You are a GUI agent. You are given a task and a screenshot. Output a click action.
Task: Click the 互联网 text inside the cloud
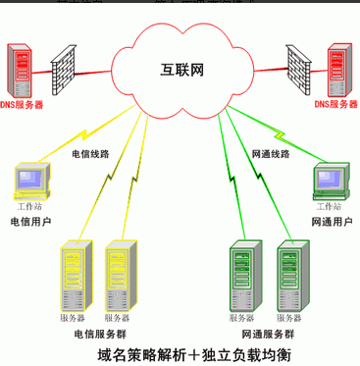click(181, 70)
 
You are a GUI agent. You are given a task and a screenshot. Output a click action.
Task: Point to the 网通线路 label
click(272, 154)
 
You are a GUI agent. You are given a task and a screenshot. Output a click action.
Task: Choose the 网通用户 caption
click(329, 222)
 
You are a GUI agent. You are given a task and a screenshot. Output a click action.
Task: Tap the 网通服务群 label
click(265, 333)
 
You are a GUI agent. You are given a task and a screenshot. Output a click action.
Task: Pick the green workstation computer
click(328, 182)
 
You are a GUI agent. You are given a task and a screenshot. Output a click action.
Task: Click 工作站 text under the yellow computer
click(31, 207)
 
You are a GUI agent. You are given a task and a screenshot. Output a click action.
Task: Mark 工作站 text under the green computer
click(329, 207)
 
